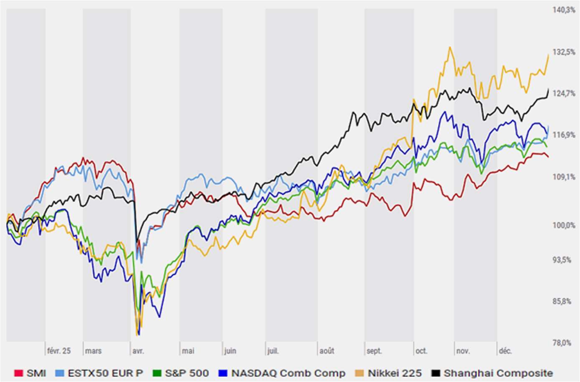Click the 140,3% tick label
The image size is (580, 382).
coord(564,10)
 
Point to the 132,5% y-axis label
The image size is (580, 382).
coord(564,52)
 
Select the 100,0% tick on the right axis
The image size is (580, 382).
coord(564,225)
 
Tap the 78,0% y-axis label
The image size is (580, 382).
coord(562,343)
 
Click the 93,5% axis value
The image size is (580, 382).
coord(562,260)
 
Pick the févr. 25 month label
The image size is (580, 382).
coord(59,351)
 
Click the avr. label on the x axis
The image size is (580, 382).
coord(138,351)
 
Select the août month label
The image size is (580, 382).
coord(327,351)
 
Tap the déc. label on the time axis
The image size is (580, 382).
coord(505,351)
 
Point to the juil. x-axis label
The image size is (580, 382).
coord(273,351)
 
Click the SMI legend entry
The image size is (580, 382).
coord(36,373)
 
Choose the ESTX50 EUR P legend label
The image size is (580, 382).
coord(105,373)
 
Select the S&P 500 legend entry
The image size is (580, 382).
coord(187,373)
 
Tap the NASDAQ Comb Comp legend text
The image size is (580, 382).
coord(288,373)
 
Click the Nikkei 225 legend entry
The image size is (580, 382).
coord(395,373)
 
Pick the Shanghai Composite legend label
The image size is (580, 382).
coord(498,373)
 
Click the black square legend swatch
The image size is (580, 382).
coord(436,373)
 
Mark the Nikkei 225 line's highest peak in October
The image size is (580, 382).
coord(450,47)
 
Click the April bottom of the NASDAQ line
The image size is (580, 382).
coord(139,334)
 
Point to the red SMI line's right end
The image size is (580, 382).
coord(548,157)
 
